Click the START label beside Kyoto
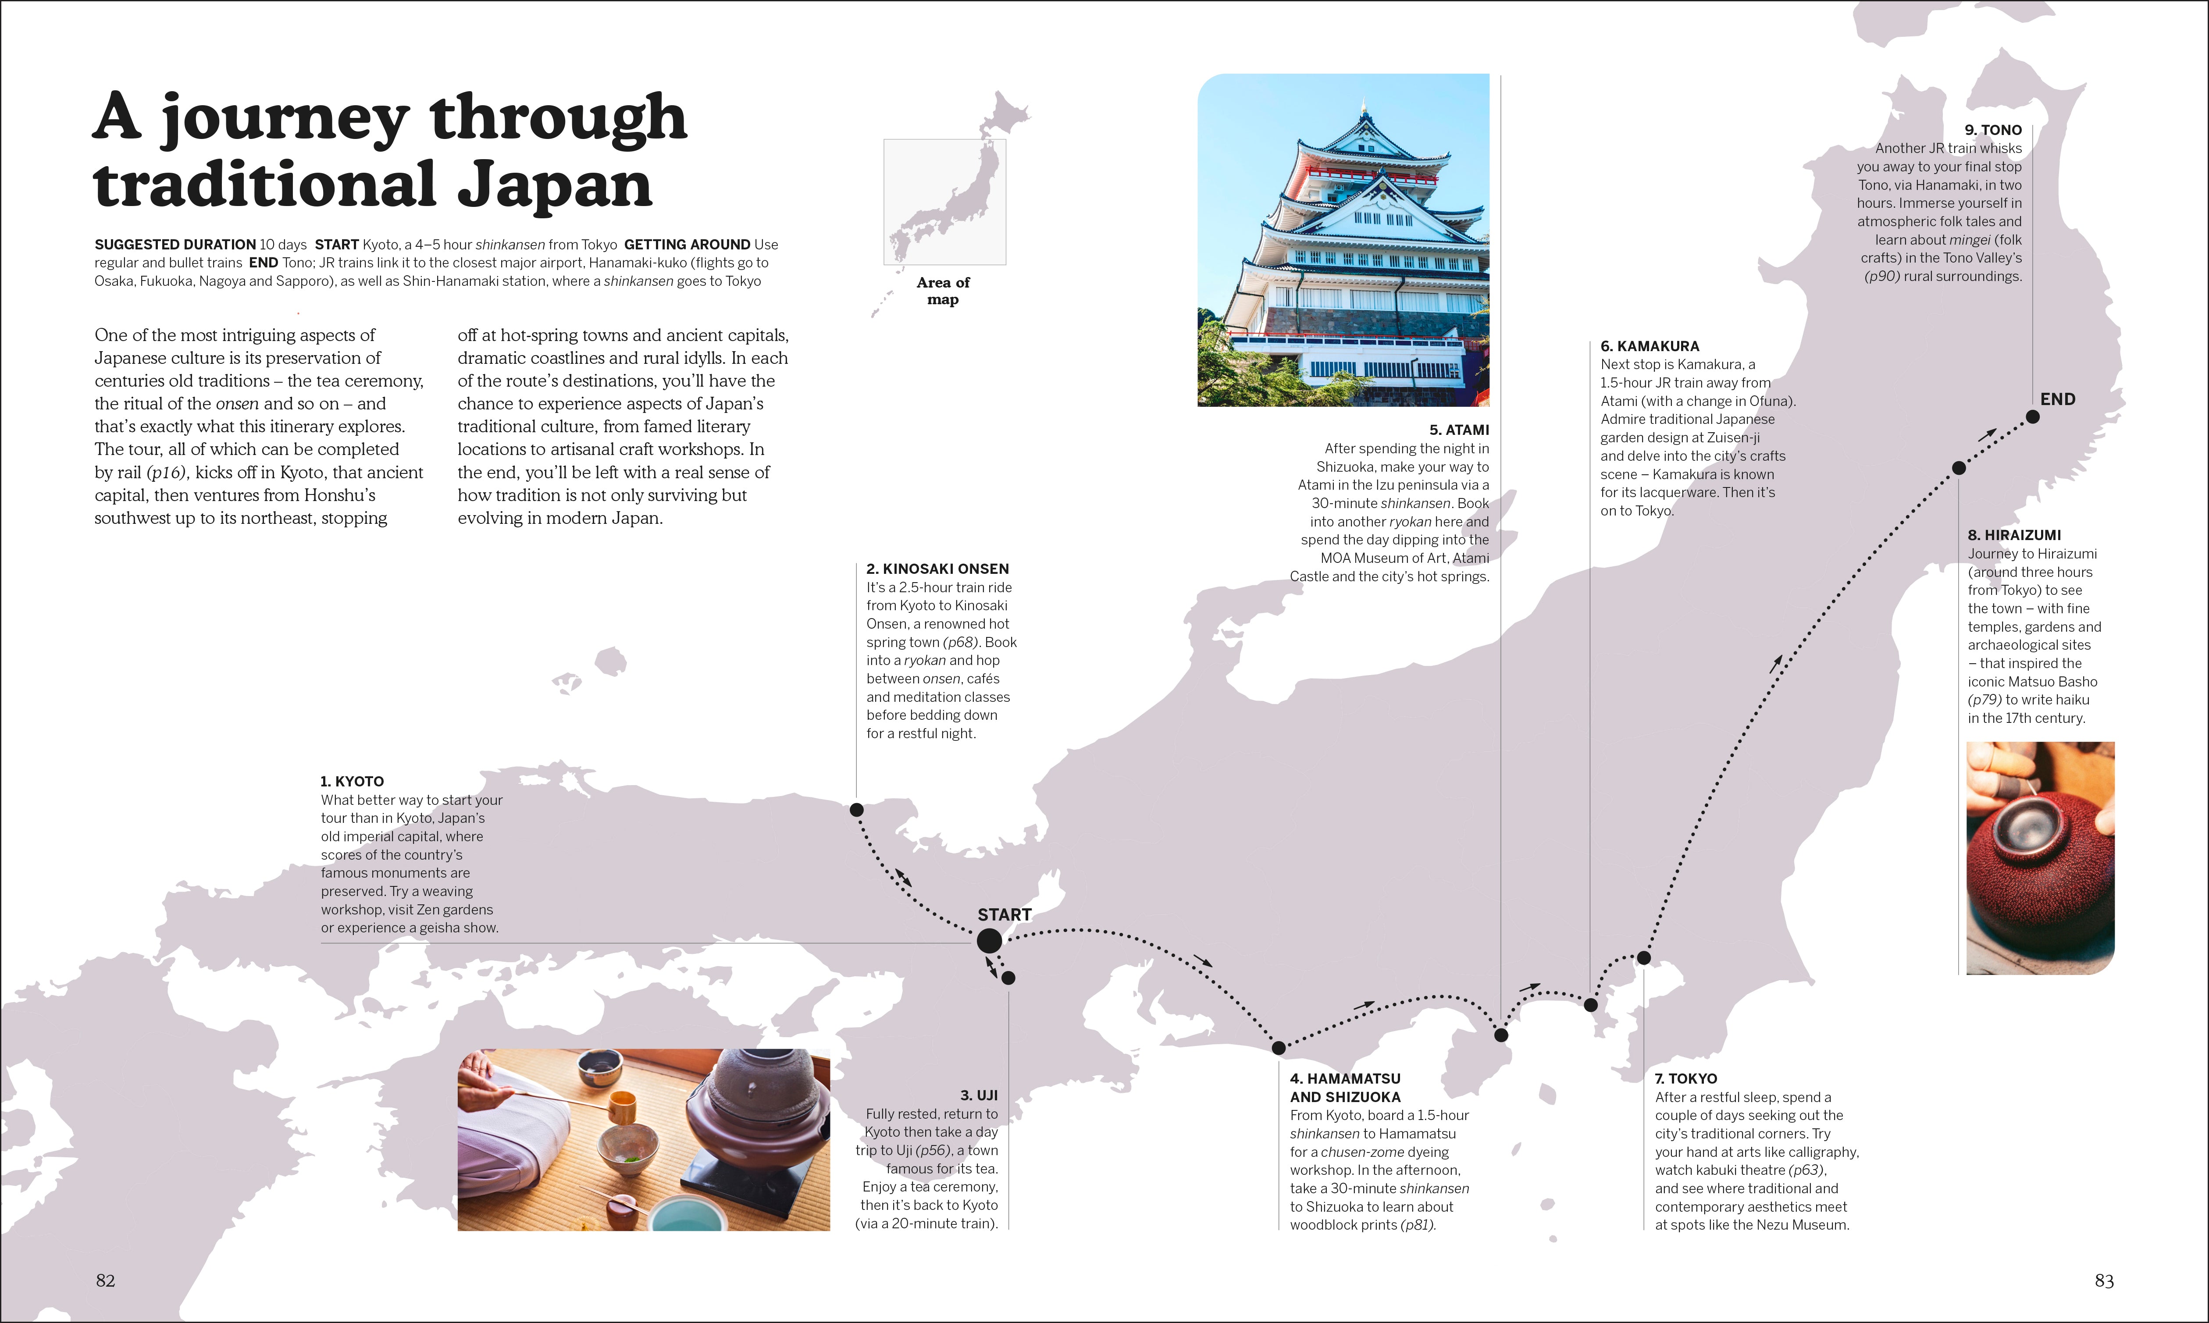point(1004,915)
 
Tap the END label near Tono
point(2057,399)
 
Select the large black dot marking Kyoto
point(989,941)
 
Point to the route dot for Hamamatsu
point(1278,1048)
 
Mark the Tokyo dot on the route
point(1644,957)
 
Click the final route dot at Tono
point(2032,416)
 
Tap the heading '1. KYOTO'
point(352,781)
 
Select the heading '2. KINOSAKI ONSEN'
point(937,569)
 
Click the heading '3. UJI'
point(979,1095)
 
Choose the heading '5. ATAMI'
point(1458,430)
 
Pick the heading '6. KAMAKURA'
point(1649,346)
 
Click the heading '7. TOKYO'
point(1686,1079)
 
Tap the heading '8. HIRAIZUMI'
point(2014,535)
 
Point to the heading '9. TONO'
point(1993,130)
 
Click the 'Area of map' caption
point(942,291)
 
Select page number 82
point(105,1280)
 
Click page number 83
point(2104,1280)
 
